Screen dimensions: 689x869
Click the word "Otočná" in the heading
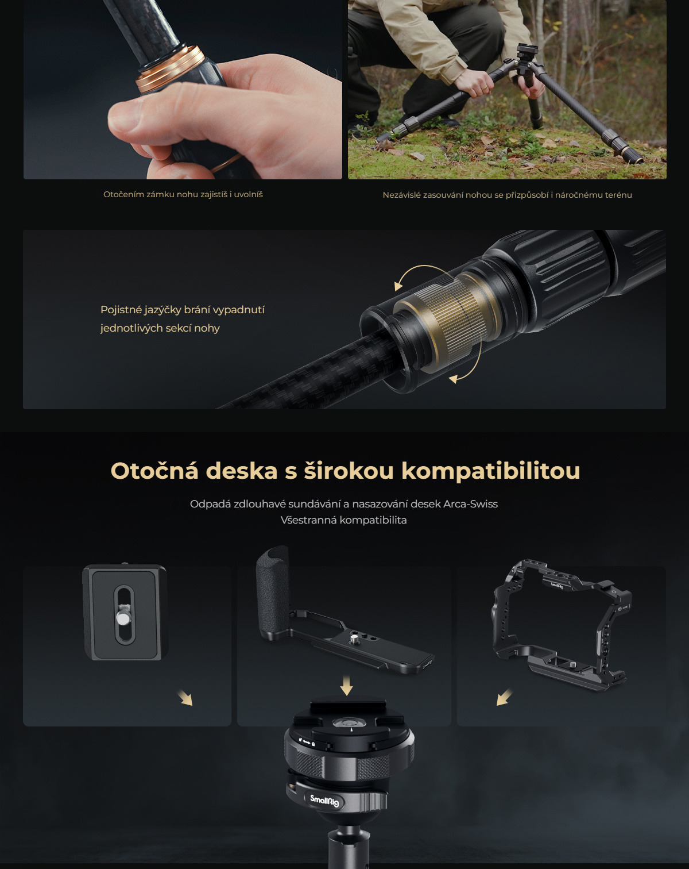point(154,471)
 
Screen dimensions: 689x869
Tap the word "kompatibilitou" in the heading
point(490,472)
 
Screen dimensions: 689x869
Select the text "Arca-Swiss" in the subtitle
point(470,504)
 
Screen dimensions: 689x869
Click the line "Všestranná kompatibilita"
point(344,520)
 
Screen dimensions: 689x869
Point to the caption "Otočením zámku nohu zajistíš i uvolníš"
point(183,194)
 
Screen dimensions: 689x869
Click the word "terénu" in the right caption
point(618,195)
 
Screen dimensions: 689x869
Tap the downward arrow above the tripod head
point(347,685)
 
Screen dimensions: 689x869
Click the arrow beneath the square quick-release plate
point(185,698)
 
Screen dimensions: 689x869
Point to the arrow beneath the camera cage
point(504,697)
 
